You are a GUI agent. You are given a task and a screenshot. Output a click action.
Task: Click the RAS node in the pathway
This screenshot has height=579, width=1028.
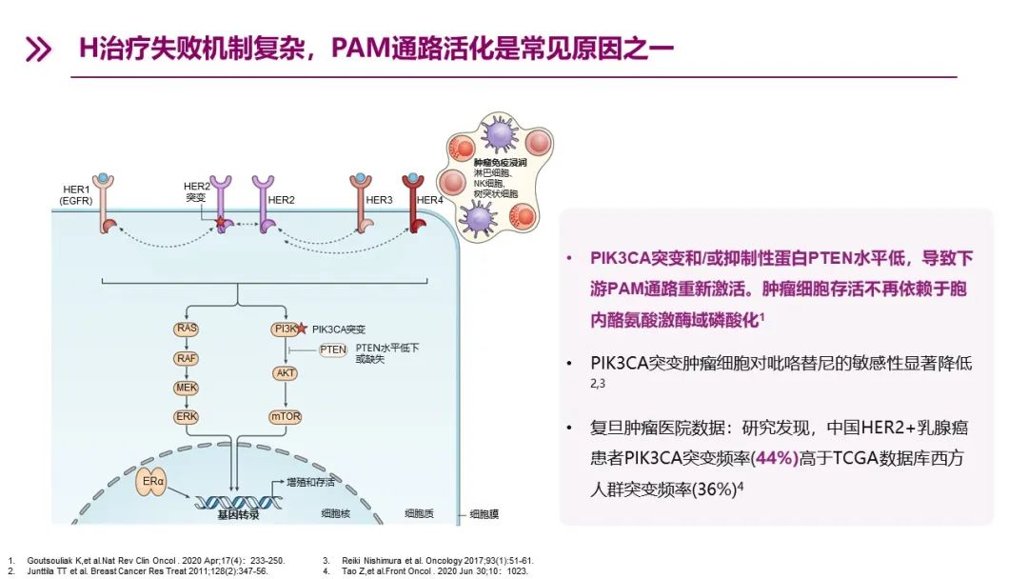coord(186,329)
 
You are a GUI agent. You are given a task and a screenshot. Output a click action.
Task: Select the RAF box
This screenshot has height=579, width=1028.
coord(186,358)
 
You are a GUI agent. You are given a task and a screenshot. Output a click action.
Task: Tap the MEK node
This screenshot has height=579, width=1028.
coord(186,388)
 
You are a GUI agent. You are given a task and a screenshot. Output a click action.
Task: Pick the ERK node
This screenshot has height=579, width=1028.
coord(186,417)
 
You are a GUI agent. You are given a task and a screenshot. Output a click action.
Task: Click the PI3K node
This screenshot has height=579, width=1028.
coord(284,329)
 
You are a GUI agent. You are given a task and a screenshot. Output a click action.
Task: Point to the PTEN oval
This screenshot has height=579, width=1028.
coord(333,350)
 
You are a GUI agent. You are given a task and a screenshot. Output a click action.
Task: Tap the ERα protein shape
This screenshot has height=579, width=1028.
coord(155,482)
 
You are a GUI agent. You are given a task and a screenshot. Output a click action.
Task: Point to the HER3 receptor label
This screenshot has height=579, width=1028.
coord(379,199)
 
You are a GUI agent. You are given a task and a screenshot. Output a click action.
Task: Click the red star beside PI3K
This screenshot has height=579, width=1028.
coord(302,329)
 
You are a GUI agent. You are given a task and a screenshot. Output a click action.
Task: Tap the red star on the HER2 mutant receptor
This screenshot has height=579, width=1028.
coord(221,223)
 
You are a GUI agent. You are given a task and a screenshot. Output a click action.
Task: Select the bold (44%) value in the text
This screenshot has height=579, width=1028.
coord(774,458)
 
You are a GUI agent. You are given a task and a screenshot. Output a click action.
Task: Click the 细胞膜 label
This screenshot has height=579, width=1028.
coord(484,513)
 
